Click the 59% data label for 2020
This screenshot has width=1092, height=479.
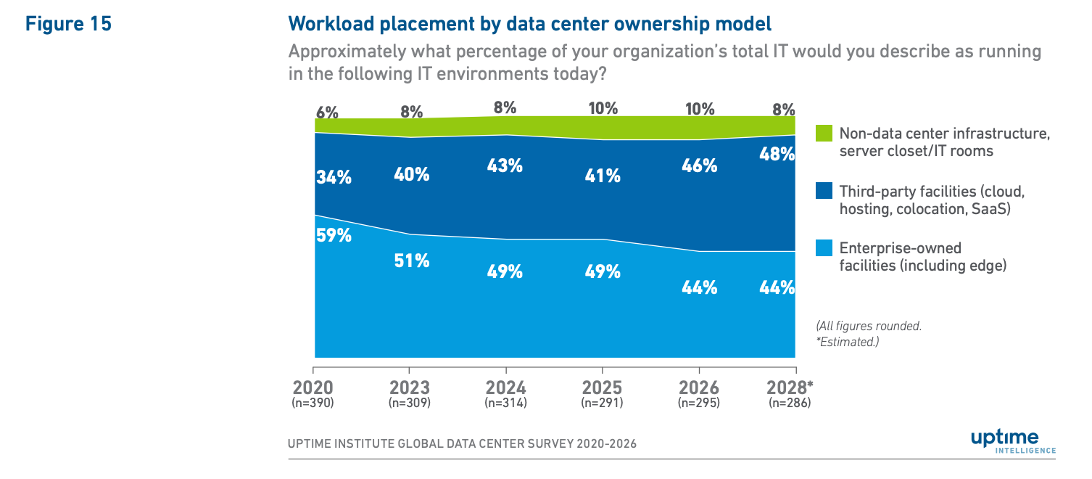pos(334,236)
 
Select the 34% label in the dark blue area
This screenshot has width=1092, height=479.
pos(334,177)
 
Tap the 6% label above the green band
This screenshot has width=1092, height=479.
pos(327,112)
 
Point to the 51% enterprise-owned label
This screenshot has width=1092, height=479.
pos(412,261)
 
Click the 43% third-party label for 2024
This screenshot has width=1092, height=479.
pos(505,166)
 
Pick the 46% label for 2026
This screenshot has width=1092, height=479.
pos(700,166)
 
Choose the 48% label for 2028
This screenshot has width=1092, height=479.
pos(777,154)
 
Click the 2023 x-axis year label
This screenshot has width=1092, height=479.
pos(410,388)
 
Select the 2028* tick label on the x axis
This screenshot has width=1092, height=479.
pos(790,388)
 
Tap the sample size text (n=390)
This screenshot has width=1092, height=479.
pos(313,403)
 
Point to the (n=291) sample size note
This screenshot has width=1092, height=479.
pos(602,403)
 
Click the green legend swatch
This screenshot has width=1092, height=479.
pos(824,133)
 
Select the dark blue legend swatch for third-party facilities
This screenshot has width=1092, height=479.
pos(824,190)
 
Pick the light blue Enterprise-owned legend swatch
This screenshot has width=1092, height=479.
pos(824,247)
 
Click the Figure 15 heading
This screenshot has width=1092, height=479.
pos(69,24)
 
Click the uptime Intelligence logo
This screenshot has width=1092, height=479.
pos(1013,441)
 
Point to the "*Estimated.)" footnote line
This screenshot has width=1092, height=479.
pos(848,342)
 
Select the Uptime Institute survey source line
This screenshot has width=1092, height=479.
pos(462,444)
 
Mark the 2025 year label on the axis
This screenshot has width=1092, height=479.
pos(602,388)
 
